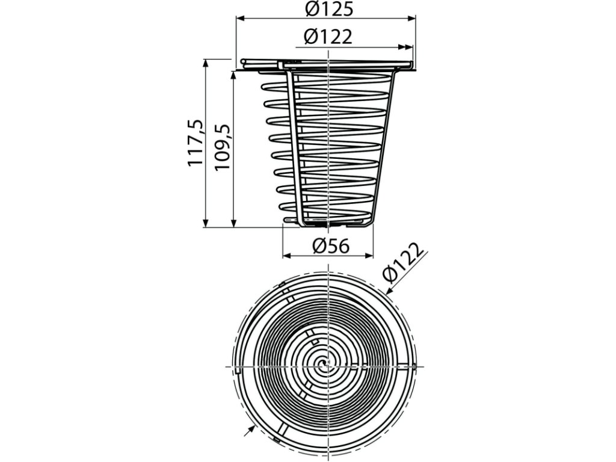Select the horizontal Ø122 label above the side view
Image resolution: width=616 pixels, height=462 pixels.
(328, 37)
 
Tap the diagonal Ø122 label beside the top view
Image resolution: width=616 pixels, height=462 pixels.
(405, 263)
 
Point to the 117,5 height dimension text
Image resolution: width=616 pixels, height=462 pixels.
(196, 143)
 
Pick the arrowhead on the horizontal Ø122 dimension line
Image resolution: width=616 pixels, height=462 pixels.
(408, 47)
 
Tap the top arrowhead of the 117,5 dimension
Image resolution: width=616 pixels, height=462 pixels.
(205, 63)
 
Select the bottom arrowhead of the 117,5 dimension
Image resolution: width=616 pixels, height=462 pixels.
(205, 223)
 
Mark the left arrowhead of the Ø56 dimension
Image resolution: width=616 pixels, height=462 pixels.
(286, 256)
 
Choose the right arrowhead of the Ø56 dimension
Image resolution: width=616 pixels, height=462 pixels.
(369, 256)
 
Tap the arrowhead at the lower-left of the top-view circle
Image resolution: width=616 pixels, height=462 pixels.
(251, 428)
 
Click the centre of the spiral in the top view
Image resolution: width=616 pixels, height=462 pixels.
(325, 363)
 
